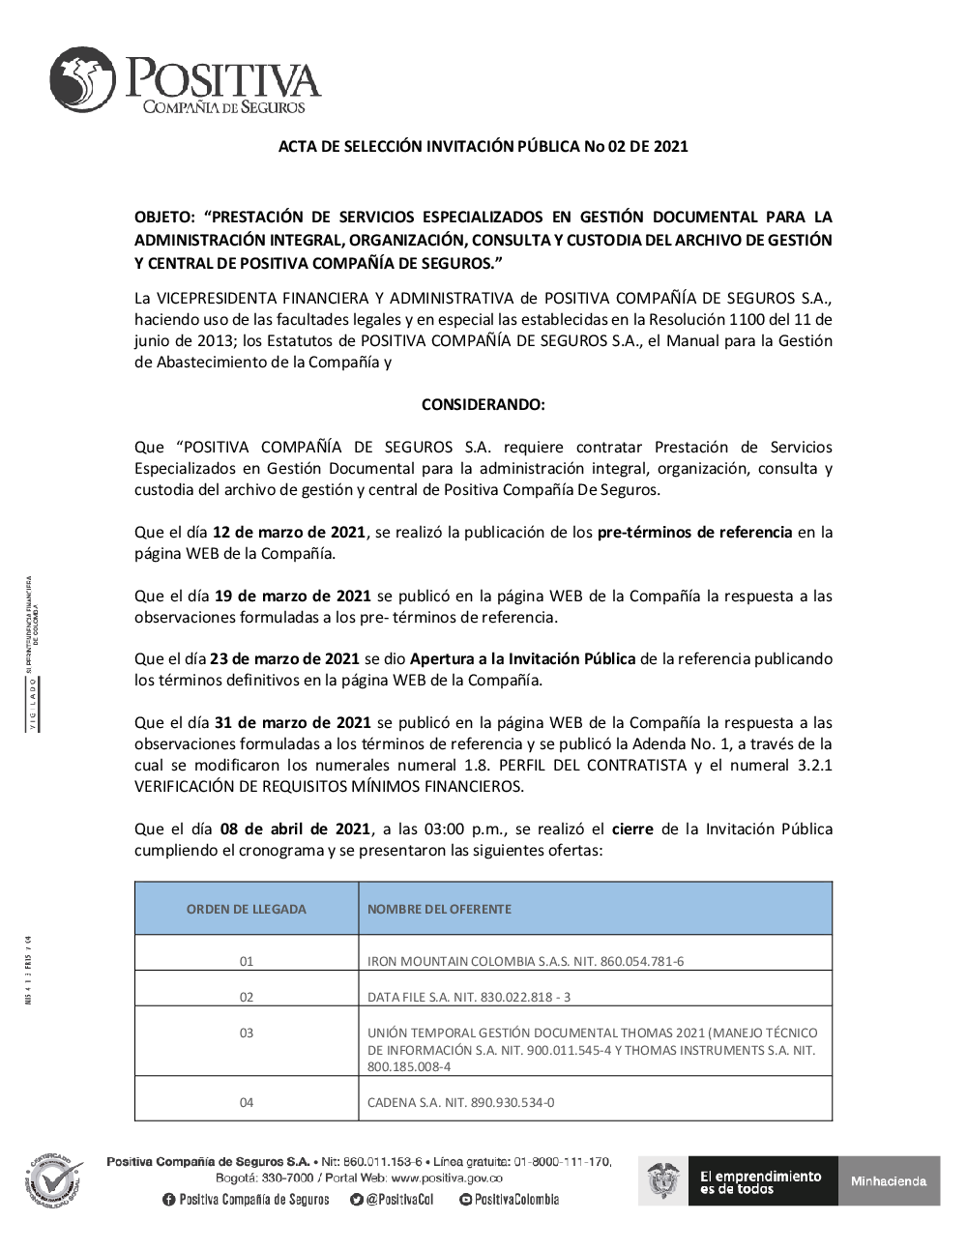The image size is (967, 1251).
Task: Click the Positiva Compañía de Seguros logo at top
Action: pos(184,82)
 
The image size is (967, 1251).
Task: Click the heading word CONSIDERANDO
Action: pos(483,404)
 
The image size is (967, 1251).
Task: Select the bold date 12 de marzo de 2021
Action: pos(289,532)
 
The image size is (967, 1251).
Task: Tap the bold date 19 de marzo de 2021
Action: pos(292,596)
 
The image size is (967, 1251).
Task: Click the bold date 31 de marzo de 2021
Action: pos(292,722)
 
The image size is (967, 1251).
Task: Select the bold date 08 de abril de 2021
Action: pos(295,829)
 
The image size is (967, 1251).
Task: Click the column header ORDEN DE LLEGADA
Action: pos(246,909)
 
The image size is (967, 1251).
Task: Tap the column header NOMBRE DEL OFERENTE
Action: pos(439,909)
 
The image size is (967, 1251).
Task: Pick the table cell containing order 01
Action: pos(247,961)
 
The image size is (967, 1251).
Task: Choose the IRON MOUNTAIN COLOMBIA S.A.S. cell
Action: pos(525,961)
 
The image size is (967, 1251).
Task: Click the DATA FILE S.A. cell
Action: pos(468,997)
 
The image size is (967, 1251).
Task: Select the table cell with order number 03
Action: pos(247,1033)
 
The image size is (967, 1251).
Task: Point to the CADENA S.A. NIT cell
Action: pos(460,1102)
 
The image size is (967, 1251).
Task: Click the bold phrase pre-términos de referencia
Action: pos(694,532)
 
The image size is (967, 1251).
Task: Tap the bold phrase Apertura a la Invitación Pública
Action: pos(522,658)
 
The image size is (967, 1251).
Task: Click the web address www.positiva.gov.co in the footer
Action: pos(447,1178)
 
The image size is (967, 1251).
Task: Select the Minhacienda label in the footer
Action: pos(889,1180)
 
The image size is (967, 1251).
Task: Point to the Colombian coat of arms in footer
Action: pos(663,1180)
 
